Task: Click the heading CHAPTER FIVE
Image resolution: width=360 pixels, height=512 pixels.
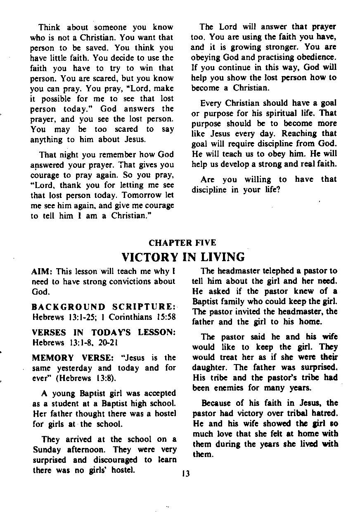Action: (182, 243)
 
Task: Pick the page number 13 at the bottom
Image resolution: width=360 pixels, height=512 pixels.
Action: (185, 474)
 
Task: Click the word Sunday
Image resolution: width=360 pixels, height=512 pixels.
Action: (45, 450)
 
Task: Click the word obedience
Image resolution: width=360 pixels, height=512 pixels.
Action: (316, 57)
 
